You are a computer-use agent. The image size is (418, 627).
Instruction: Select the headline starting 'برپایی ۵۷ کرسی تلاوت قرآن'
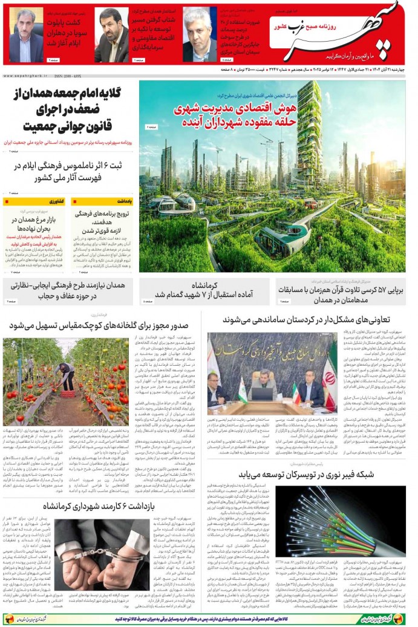click(x=342, y=291)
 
